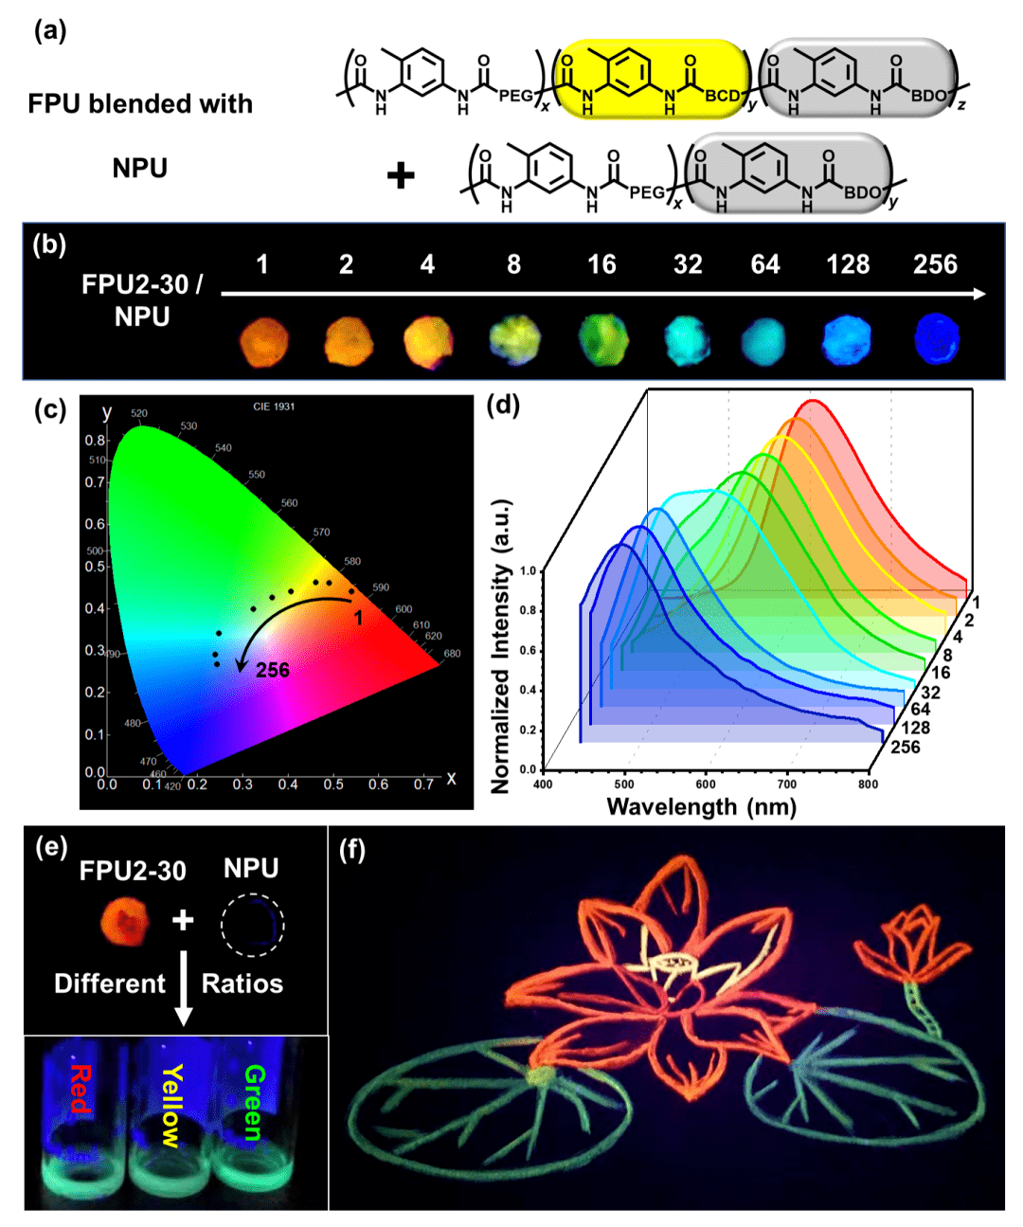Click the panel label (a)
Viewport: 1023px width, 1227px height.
(x=50, y=31)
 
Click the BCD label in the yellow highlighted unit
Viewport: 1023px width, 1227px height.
(x=722, y=96)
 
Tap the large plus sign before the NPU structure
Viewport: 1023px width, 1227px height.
(x=401, y=175)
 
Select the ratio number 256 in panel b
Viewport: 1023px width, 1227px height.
(x=935, y=264)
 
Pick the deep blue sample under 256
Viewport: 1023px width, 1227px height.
(x=937, y=338)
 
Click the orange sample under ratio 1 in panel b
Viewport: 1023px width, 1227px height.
(x=263, y=340)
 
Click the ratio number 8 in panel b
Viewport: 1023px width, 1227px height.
(x=513, y=264)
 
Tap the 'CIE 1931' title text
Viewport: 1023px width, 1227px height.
(x=274, y=406)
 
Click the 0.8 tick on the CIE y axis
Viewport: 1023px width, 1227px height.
(x=95, y=441)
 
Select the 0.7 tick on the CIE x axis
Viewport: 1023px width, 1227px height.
(x=423, y=785)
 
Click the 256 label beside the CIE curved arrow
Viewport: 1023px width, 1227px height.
(x=272, y=670)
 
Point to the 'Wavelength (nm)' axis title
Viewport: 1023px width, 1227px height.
(x=701, y=807)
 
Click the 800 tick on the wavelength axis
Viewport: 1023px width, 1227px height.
(x=868, y=785)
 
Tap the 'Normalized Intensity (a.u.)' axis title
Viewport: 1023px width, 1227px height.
(x=501, y=644)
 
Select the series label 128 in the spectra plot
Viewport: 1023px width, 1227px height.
(x=915, y=728)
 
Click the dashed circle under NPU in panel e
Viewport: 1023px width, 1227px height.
(x=252, y=926)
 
